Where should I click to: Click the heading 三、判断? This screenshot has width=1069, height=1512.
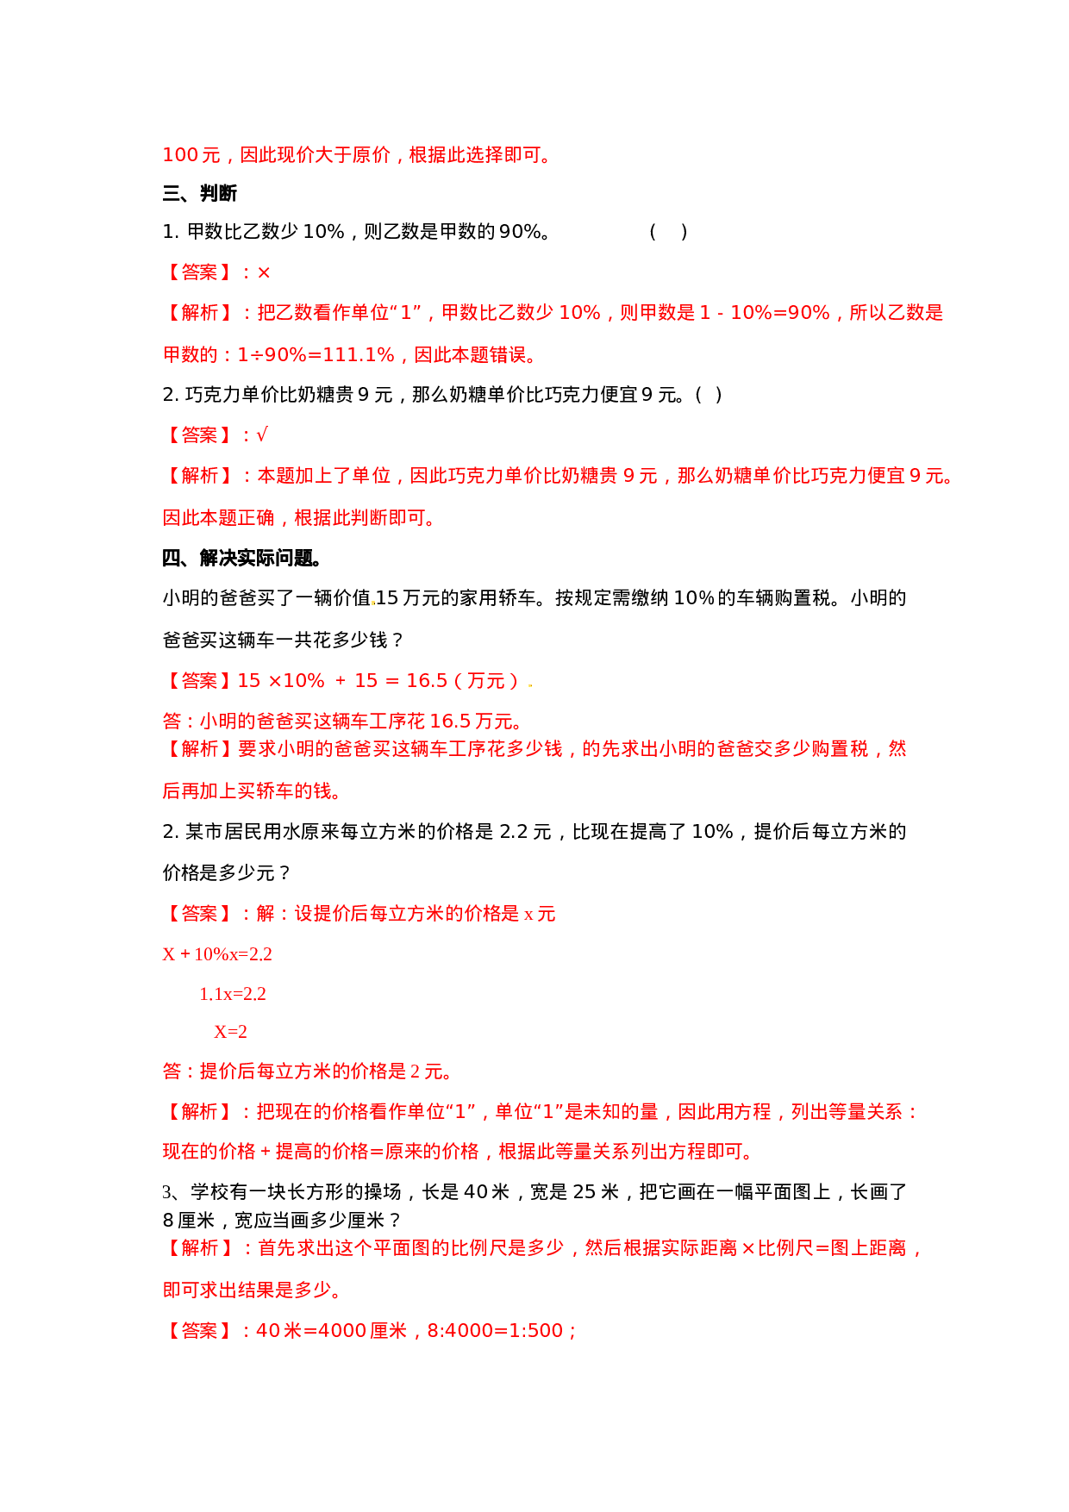[199, 193]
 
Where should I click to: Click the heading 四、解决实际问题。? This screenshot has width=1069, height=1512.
[242, 558]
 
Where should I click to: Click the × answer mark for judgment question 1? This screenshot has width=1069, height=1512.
[264, 272]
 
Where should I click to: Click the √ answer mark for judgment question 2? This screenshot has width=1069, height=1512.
[262, 435]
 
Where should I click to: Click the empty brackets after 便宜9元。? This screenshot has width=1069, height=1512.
[708, 395]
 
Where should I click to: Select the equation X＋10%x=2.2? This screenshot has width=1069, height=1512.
[217, 954]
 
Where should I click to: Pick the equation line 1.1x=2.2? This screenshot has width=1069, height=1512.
[233, 994]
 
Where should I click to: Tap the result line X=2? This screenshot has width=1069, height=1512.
[230, 1032]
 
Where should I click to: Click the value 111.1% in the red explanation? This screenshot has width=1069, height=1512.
[359, 354]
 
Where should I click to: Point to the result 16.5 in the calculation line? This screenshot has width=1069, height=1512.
[427, 681]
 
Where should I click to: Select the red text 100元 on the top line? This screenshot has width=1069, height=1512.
[191, 155]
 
